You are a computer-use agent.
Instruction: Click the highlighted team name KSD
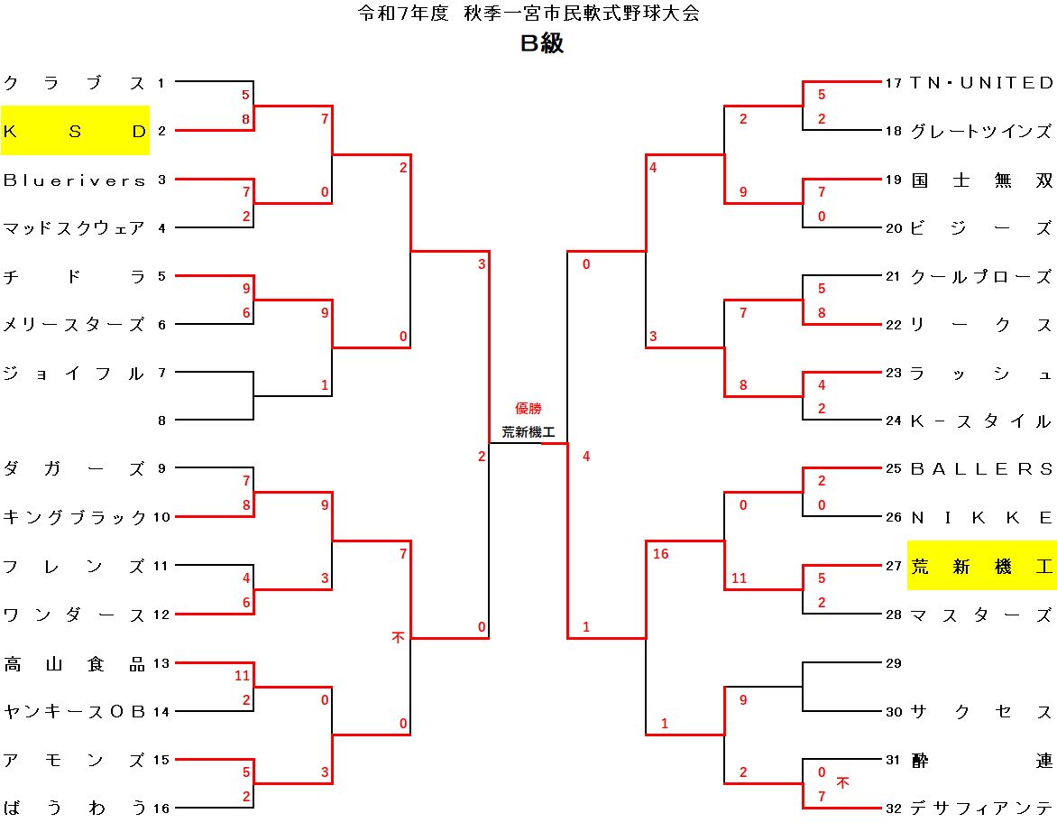pos(75,131)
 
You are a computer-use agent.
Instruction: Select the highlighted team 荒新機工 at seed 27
pos(981,567)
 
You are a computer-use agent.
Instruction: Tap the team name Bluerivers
pos(74,180)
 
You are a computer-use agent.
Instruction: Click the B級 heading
pos(542,43)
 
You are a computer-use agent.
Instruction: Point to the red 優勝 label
pos(528,408)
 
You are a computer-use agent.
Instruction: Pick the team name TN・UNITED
pos(981,83)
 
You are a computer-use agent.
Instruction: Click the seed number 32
pos(893,809)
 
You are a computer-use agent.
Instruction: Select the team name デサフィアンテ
pos(981,808)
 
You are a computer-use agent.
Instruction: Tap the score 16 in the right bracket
pos(660,553)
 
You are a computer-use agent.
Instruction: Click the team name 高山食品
pos(74,664)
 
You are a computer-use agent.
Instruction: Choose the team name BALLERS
pos(981,469)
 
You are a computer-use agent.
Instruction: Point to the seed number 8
pos(161,421)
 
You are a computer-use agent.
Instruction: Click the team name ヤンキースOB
pos(74,711)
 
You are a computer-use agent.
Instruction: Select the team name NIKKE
pos(981,518)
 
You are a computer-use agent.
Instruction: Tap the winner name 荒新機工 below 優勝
pos(528,431)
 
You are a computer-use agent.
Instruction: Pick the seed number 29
pos(893,663)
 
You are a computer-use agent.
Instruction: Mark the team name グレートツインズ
pos(981,131)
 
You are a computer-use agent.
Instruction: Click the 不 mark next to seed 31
pos(842,782)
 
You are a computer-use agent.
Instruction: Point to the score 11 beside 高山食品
pos(242,676)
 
